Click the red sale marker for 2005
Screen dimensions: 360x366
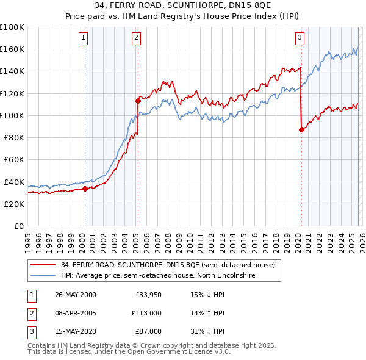[x=138, y=101]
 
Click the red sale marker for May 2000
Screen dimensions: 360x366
[x=85, y=189]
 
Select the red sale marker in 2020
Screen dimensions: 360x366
[x=301, y=129]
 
